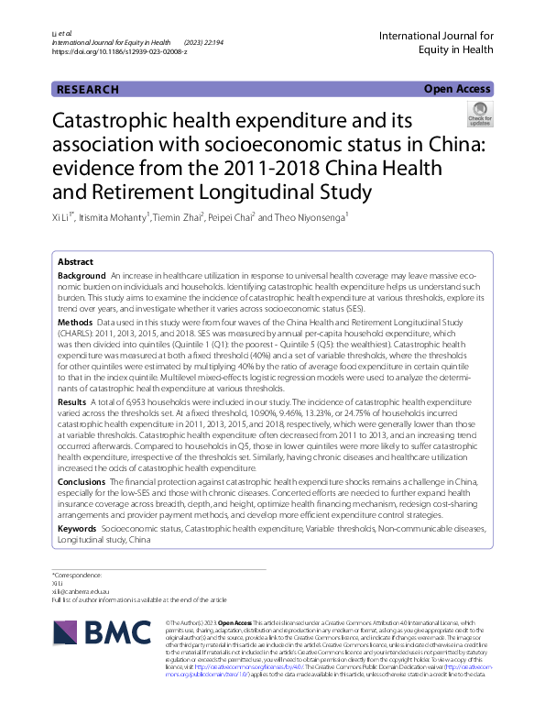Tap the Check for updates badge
coord(479,115)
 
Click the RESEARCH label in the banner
coord(88,89)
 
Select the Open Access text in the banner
coord(458,89)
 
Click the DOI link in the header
coord(120,52)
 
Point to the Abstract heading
coord(75,261)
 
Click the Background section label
coord(82,276)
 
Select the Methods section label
coord(75,323)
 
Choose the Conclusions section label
coord(82,481)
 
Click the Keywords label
coord(78,529)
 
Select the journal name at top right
coord(436,43)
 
